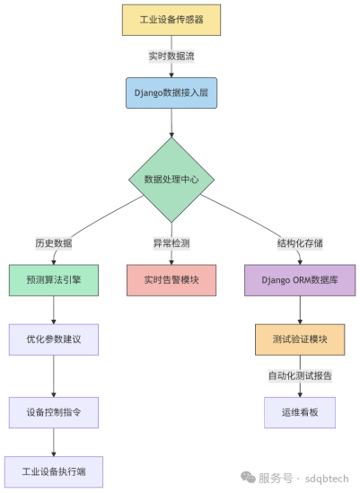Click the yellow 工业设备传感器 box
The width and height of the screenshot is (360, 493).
coord(171,20)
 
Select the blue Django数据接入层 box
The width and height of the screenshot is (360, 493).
coord(171,93)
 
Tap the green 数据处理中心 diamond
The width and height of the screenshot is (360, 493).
coord(171,180)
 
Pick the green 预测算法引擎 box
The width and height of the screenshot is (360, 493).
coord(54,280)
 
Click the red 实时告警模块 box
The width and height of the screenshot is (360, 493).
coord(171,280)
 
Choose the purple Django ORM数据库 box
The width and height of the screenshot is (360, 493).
coord(300,280)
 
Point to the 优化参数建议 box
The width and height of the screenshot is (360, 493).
coord(54,339)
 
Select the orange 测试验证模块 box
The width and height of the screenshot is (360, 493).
coord(300,339)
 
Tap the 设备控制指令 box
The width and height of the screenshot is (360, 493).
coord(54,412)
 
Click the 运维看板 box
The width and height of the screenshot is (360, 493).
coord(300,412)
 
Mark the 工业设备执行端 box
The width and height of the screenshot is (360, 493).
coord(54,472)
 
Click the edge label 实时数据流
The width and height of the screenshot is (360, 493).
coord(171,57)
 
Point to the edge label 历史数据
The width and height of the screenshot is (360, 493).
coord(54,243)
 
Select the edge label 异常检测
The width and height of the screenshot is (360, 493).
coord(171,243)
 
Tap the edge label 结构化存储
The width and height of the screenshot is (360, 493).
coord(300,243)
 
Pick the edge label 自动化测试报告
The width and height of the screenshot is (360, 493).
coord(300,376)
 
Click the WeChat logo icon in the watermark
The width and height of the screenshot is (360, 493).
coord(248,478)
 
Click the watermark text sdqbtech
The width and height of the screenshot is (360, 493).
coord(327,479)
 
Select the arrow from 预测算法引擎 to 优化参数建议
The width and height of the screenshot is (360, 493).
coord(54,310)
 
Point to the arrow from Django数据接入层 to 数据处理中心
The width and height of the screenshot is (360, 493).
coord(171,123)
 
